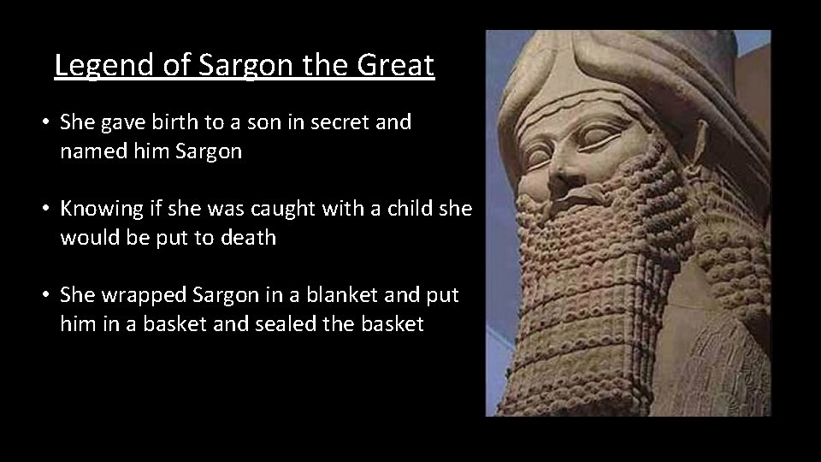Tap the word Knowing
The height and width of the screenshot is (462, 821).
100,209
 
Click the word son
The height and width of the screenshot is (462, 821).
261,122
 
